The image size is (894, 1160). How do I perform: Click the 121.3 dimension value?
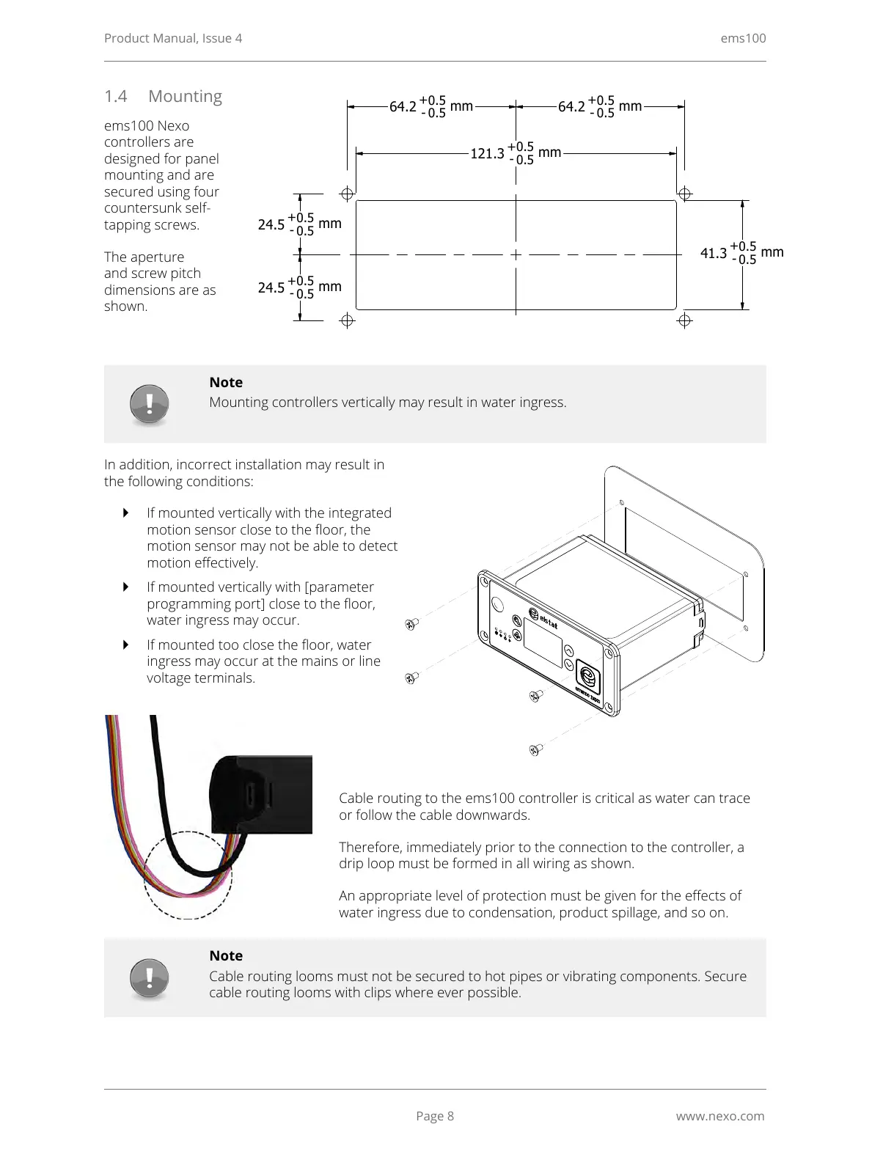coord(487,153)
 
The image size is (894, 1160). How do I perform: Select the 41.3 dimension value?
coord(713,253)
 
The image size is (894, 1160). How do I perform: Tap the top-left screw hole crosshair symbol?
coord(348,194)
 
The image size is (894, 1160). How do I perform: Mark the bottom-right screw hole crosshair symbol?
coord(684,320)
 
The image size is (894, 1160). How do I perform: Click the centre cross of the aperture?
coord(516,254)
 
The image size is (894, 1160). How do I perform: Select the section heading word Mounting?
coord(185,96)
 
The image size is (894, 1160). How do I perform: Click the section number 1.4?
coord(115,96)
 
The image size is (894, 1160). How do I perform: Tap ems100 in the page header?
coord(743,38)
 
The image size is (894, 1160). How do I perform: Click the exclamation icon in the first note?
coord(150,404)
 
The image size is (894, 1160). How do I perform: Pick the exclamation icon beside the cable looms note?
coord(150,978)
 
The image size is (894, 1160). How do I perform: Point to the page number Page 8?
coord(435,1116)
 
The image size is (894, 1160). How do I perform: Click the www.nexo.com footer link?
coord(719,1116)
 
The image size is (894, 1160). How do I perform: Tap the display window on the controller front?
coord(543,647)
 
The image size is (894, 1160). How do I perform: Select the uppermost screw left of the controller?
coord(411,624)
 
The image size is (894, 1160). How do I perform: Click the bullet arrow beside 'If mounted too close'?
coord(125,645)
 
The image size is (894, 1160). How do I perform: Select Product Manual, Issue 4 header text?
coord(173,38)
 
